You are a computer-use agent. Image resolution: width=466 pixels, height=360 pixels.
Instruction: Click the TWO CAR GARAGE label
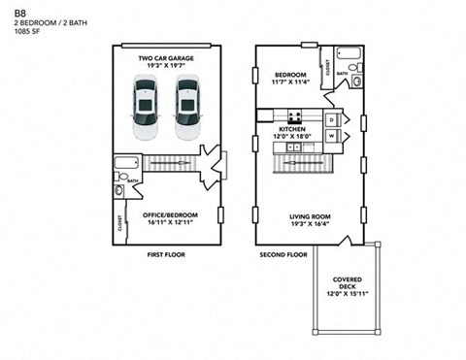pos(165,58)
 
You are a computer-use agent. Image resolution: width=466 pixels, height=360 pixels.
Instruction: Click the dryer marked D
pos(331,119)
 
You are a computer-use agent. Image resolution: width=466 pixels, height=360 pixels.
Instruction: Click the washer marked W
pos(331,137)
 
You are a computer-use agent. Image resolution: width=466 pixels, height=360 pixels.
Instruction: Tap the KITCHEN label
pos(292,129)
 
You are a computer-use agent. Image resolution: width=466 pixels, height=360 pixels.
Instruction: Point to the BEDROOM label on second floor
pos(290,75)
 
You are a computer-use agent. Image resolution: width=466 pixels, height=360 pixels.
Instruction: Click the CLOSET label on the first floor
pos(118,223)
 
